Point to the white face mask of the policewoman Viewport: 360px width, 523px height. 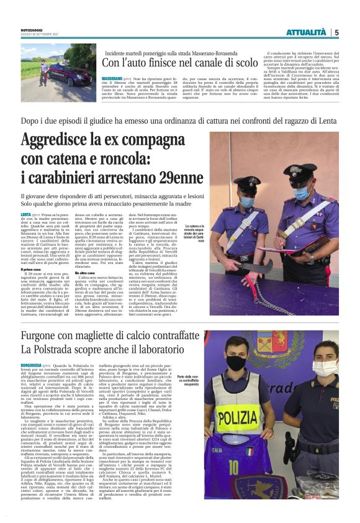(330, 366)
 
